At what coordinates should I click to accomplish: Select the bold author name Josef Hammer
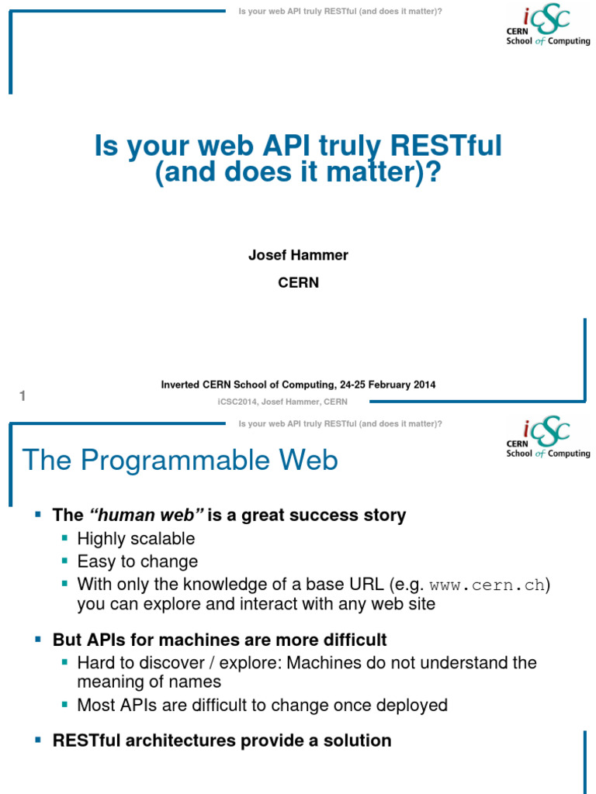coord(298,256)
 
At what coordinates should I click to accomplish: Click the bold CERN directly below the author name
coord(298,283)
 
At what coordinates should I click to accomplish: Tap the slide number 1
coord(23,396)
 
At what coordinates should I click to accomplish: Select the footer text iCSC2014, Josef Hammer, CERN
coord(282,401)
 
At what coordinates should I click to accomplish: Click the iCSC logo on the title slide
coord(547,26)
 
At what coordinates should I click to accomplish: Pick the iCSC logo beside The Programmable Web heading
coord(547,437)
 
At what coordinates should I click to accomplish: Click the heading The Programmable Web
coord(180,461)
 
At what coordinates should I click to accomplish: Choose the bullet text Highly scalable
coord(136,538)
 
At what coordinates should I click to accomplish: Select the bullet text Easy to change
coord(137,561)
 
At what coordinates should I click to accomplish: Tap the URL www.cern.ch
coord(487,585)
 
